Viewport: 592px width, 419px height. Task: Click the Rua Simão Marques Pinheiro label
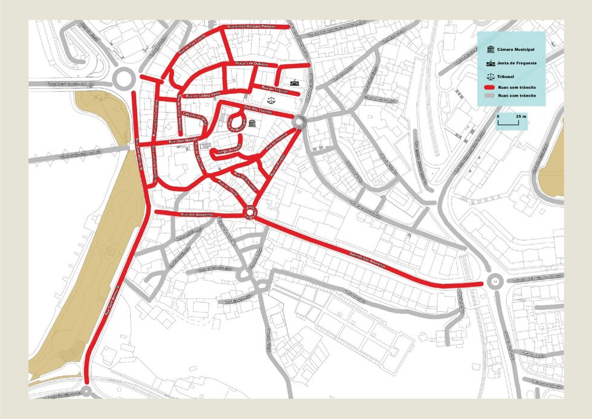(x=251, y=27)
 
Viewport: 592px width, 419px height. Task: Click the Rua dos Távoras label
(x=258, y=109)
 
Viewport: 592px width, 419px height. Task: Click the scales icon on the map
(x=270, y=96)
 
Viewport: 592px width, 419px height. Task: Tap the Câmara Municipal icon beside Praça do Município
(x=251, y=124)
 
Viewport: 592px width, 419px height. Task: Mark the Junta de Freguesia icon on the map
(x=295, y=82)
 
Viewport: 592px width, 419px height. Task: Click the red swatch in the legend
(x=490, y=87)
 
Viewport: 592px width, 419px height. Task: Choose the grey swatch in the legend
(x=490, y=96)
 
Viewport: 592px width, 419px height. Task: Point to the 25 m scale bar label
(x=521, y=115)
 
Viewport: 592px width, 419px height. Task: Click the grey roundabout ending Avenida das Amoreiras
(x=495, y=281)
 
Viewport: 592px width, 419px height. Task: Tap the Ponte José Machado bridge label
(x=54, y=82)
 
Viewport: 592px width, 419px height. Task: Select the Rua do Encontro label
(x=245, y=181)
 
